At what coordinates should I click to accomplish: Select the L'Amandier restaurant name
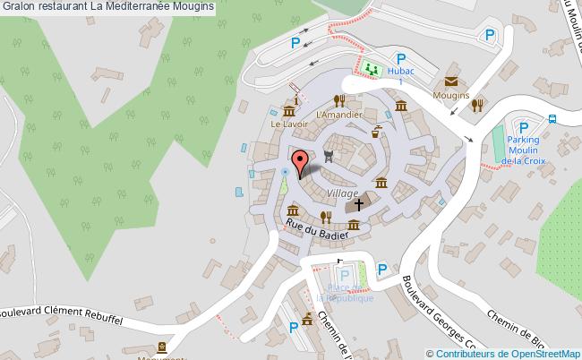(x=339, y=115)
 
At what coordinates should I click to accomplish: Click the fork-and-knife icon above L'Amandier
(x=338, y=100)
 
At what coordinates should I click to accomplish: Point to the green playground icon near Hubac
(x=371, y=67)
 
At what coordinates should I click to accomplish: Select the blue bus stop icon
(x=552, y=118)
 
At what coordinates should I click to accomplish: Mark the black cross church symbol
(x=359, y=204)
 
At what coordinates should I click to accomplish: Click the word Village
(x=342, y=193)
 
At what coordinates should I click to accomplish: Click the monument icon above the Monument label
(x=162, y=347)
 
